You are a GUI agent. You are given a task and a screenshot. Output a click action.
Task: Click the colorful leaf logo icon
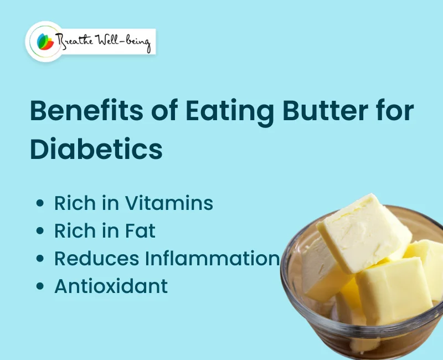pyautogui.click(x=44, y=41)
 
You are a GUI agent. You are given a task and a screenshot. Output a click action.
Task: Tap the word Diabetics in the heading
pyautogui.click(x=96, y=148)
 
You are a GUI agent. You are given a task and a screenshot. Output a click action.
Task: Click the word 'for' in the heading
pyautogui.click(x=396, y=111)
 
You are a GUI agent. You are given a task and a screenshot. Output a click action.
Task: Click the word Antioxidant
pyautogui.click(x=111, y=286)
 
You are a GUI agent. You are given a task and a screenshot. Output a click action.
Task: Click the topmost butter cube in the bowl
pyautogui.click(x=363, y=230)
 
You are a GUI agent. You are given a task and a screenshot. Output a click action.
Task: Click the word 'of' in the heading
pyautogui.click(x=164, y=111)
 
